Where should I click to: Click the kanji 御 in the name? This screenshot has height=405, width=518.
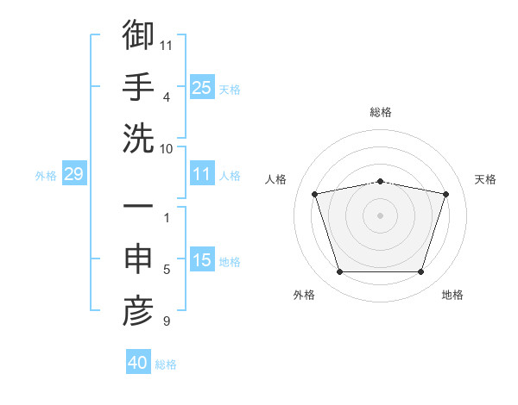138,34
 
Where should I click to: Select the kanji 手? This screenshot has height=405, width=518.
138,86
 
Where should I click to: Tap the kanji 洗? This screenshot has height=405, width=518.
138,139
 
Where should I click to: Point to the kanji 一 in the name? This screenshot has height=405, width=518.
138,205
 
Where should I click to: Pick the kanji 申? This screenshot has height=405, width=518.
138,259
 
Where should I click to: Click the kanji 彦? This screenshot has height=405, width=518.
138,311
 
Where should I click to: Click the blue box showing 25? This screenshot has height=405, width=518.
202,87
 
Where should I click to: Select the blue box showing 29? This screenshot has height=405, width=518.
74,173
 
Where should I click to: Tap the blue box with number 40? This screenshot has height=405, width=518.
138,361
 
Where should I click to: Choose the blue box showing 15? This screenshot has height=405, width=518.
202,259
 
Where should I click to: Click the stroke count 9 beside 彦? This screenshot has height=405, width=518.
167,321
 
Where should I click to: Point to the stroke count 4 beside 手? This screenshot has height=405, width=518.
167,97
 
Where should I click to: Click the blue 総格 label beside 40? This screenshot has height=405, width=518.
166,364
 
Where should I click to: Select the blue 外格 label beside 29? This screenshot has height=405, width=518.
46,176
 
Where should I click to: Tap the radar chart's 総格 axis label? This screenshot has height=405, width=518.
381,112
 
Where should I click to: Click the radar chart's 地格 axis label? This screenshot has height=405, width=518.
452,295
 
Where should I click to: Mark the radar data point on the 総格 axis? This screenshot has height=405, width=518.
380,182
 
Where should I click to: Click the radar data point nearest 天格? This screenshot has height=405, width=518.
445,194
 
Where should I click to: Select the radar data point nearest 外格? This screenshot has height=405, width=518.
340,271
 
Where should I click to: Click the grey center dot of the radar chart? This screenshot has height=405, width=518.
380,215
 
